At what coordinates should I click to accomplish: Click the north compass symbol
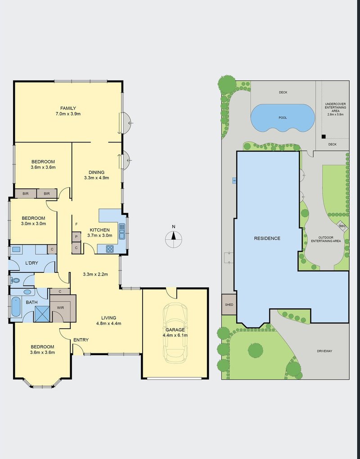click(174, 240)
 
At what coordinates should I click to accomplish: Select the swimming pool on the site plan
click(282, 118)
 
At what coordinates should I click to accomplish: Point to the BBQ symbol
click(342, 226)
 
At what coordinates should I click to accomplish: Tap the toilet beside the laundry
click(15, 280)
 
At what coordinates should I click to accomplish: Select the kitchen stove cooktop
click(110, 248)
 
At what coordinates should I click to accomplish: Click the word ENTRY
click(81, 340)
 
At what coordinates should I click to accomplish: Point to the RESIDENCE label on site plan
click(267, 238)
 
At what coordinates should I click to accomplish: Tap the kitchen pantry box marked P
click(76, 236)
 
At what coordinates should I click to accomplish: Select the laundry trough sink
click(17, 250)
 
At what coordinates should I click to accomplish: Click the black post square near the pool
click(323, 137)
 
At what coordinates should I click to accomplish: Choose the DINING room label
click(97, 172)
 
